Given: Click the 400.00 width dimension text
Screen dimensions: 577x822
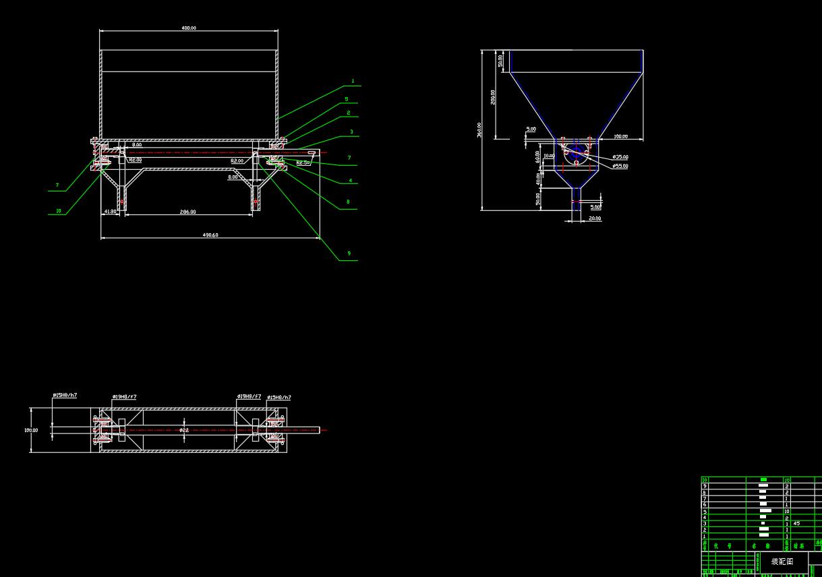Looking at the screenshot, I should click(x=189, y=28).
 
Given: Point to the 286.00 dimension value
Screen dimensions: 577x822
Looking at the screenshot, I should click(x=187, y=212).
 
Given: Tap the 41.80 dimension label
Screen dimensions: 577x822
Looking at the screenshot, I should click(x=111, y=212).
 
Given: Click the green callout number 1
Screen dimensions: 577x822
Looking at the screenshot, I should click(x=353, y=82).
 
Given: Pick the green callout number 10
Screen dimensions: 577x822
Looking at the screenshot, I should click(x=59, y=211).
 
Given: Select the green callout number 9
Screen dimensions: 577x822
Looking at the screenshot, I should click(x=349, y=253).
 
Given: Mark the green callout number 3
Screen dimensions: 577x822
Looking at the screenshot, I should click(x=351, y=132).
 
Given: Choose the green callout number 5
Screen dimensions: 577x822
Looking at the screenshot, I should click(x=347, y=99).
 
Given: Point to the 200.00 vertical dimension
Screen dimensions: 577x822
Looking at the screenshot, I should click(x=494, y=97).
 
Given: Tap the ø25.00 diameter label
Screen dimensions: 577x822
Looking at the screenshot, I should click(x=620, y=157).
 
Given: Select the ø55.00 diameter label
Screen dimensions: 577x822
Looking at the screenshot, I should click(x=620, y=166).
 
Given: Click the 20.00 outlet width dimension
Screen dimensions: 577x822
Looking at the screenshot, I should click(x=595, y=218).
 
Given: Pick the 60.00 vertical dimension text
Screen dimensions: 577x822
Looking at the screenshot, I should click(x=537, y=156).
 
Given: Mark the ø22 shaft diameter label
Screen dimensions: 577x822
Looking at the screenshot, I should click(x=184, y=430).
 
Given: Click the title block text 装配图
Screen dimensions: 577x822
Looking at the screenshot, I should click(x=782, y=561).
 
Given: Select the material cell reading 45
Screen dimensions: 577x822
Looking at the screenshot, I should click(x=796, y=523).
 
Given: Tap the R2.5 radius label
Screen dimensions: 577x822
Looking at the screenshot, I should click(x=302, y=162).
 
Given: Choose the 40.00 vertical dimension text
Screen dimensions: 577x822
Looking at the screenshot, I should click(x=538, y=179).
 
